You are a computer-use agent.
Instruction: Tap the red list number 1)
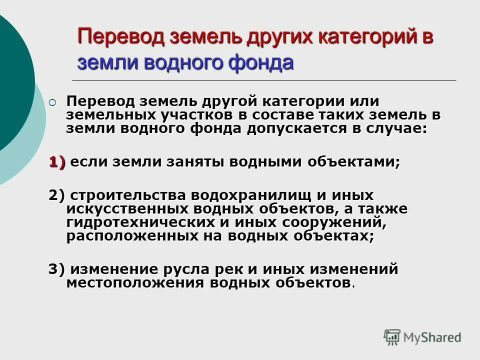click(x=57, y=162)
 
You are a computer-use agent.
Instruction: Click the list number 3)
click(x=57, y=269)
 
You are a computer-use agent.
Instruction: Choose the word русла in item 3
click(x=192, y=269)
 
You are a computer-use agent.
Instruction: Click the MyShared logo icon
click(x=392, y=337)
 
